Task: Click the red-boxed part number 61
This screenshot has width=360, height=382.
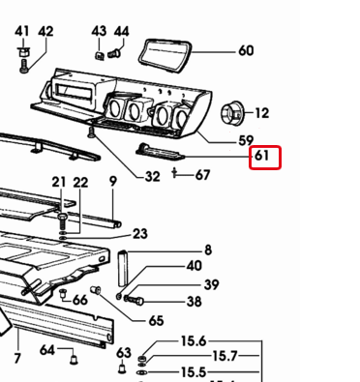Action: coord(261,156)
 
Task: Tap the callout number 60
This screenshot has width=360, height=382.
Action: coord(246,51)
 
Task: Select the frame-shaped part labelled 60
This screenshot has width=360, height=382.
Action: coord(165,56)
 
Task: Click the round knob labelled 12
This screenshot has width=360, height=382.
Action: coord(232,112)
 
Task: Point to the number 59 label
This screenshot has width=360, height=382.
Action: coord(246,140)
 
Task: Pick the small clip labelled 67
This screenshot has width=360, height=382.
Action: coord(174,173)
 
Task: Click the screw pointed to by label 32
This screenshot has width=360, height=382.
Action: coord(91,132)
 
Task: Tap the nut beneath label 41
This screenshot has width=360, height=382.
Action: coord(22,51)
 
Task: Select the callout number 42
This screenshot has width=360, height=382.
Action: coord(45,32)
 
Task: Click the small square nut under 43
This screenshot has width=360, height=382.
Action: coord(100,55)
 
